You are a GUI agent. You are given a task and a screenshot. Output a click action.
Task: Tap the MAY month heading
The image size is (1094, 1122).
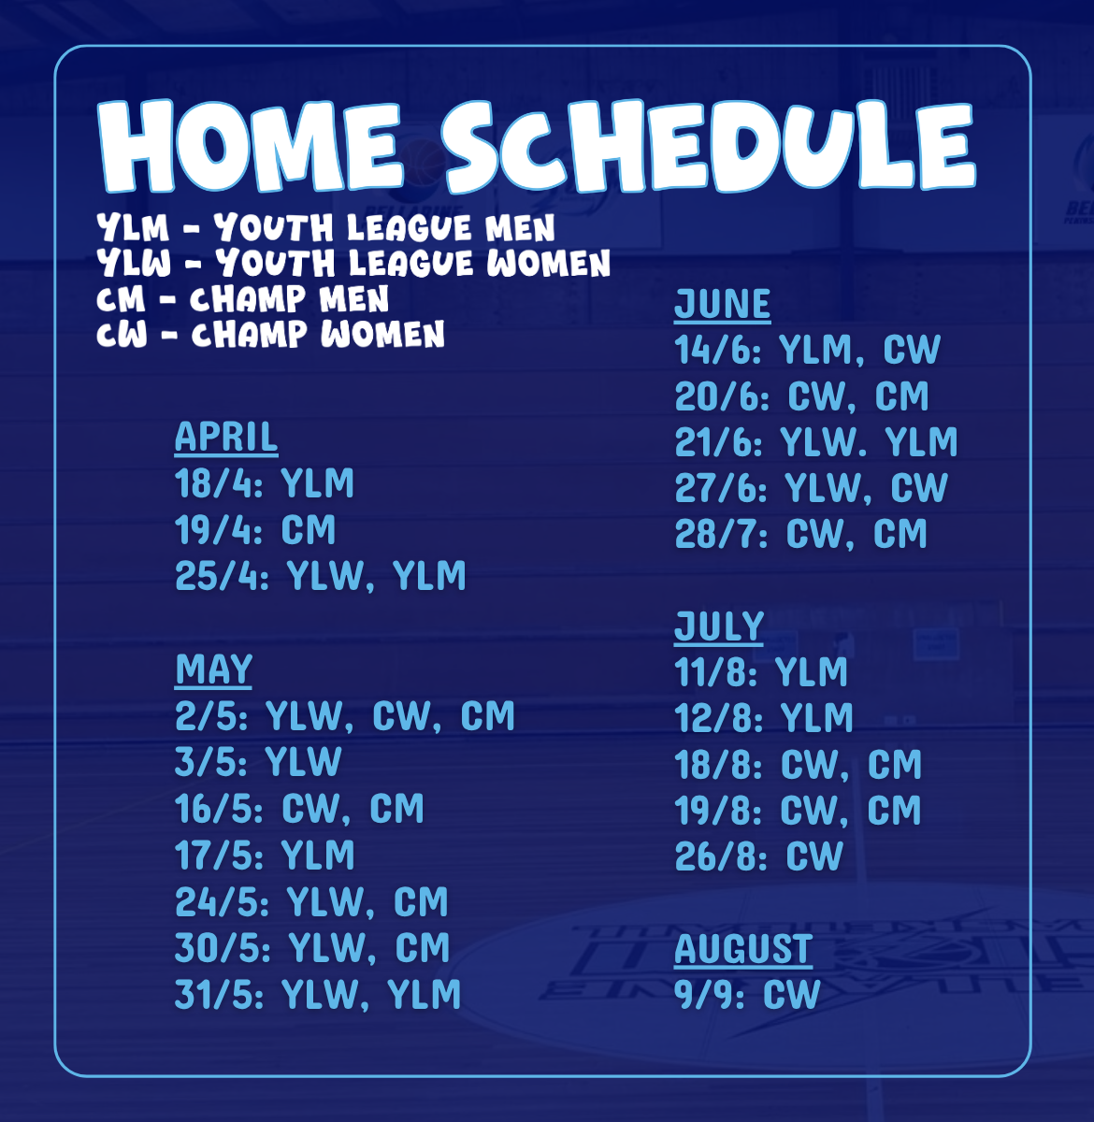[x=213, y=669]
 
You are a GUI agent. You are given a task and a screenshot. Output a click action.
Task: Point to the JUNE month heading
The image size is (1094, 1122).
[x=722, y=304]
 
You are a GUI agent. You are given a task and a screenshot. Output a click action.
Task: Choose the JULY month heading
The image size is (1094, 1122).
[x=718, y=626]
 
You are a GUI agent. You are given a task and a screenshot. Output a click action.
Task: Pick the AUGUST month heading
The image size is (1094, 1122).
[x=743, y=949]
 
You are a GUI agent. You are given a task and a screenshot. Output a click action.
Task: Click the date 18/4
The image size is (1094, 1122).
[x=219, y=483]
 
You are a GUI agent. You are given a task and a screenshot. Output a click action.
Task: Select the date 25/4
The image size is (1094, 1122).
[x=222, y=576]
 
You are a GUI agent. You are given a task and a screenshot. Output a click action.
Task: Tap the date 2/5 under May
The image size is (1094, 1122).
[x=211, y=715]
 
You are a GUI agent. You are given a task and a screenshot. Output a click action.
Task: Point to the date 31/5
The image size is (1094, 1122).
[x=219, y=995]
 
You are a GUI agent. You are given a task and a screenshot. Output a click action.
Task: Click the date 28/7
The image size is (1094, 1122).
[x=721, y=534]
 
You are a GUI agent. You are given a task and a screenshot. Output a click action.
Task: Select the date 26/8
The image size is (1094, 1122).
[x=721, y=856]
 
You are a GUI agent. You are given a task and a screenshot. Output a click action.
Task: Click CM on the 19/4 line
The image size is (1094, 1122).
[x=308, y=530]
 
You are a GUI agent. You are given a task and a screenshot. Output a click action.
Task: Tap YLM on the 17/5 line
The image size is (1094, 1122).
[x=318, y=855]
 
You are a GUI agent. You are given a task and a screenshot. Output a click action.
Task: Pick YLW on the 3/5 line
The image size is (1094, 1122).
[x=303, y=762]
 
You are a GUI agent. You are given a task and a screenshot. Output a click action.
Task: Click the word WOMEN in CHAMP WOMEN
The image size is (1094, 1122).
[x=382, y=334]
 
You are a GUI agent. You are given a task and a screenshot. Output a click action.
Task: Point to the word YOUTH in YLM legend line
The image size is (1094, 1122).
[x=274, y=227]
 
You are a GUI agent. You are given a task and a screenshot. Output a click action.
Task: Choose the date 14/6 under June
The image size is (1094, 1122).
[x=718, y=350]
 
